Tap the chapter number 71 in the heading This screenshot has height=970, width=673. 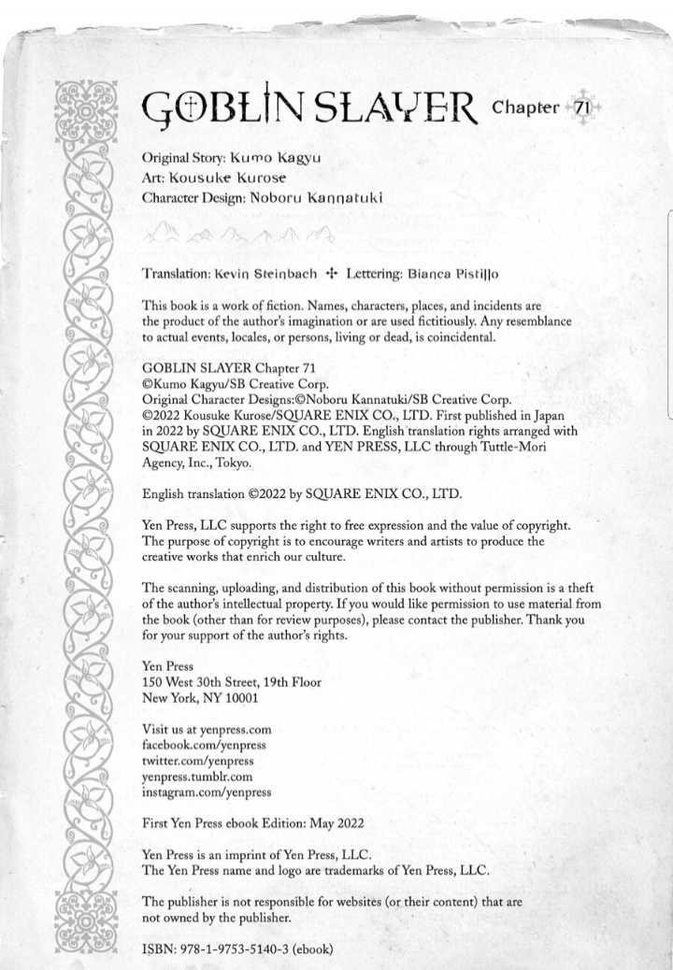[581, 107]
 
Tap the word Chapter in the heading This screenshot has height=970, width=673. [524, 107]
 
